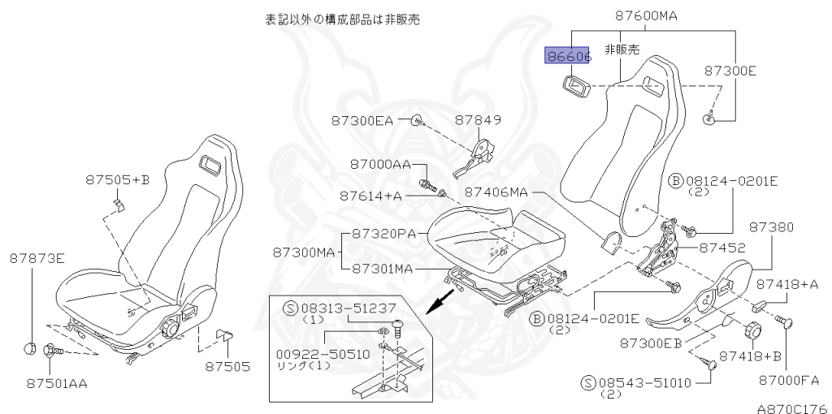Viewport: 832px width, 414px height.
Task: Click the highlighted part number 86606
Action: click(568, 56)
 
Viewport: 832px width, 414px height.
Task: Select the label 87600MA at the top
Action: click(646, 15)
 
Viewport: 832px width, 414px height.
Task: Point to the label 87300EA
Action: click(362, 121)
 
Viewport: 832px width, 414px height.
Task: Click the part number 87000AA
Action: click(381, 164)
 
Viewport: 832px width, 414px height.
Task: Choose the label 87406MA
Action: click(496, 192)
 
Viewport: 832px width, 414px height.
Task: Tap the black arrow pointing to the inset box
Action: click(442, 301)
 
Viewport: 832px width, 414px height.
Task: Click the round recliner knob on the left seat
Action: click(171, 329)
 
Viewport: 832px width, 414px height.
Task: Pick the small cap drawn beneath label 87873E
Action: click(31, 349)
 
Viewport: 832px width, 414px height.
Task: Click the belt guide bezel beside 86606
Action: click(576, 83)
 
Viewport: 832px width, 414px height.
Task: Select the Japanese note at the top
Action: click(342, 18)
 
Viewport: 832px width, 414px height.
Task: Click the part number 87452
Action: click(722, 249)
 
